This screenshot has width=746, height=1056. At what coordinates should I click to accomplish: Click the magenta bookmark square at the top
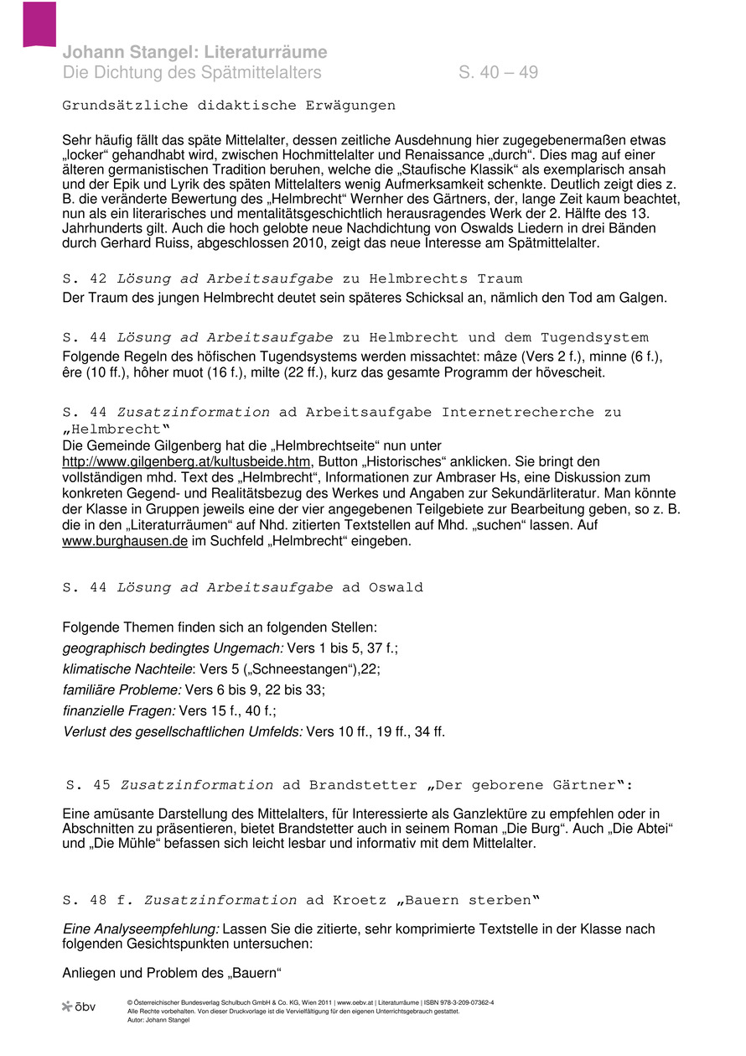39,23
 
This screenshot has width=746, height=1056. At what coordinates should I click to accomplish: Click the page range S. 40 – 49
498,72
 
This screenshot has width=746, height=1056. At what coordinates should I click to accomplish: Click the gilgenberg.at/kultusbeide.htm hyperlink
186,461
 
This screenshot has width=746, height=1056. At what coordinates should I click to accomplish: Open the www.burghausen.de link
125,541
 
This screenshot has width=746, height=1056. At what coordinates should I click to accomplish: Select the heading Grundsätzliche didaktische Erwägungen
229,106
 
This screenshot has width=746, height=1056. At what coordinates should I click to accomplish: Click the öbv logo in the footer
79,1006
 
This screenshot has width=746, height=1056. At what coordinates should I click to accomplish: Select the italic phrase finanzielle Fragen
119,710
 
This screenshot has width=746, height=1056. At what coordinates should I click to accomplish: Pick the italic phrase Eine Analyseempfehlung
141,929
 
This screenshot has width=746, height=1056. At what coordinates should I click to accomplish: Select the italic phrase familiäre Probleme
122,689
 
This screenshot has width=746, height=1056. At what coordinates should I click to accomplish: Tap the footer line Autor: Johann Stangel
160,1020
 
